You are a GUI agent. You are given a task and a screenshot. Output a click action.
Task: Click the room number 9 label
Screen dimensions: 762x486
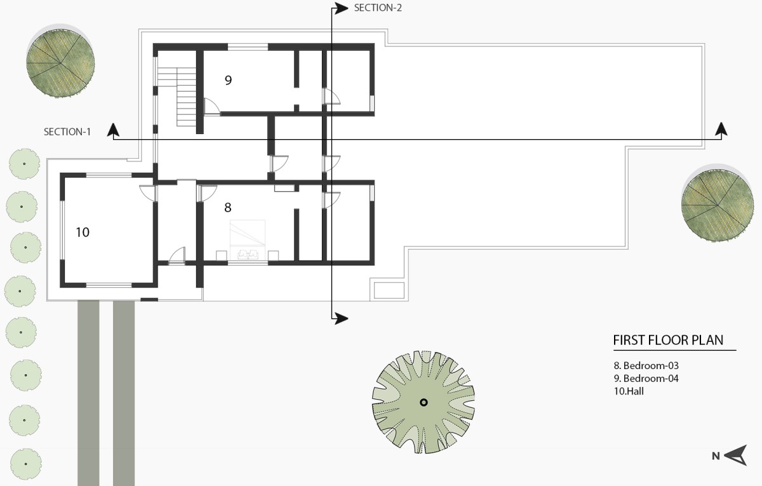click(x=228, y=80)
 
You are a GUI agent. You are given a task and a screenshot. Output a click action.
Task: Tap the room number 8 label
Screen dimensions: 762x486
click(x=228, y=207)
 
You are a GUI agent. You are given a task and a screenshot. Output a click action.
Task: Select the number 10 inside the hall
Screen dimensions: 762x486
click(x=83, y=232)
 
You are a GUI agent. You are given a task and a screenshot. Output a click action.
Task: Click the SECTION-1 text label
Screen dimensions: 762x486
click(x=67, y=132)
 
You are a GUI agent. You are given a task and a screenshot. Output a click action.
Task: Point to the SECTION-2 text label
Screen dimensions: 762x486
click(x=378, y=8)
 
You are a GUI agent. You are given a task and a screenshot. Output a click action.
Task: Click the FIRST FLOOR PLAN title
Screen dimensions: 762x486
click(x=668, y=341)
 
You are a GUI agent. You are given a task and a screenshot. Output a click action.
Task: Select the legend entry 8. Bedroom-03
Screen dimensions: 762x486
click(x=646, y=365)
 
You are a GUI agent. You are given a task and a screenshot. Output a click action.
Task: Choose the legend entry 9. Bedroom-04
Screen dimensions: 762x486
click(x=646, y=379)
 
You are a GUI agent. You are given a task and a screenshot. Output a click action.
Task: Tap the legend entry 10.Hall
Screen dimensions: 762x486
click(x=629, y=391)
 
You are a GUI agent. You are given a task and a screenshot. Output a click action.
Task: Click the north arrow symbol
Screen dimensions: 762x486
click(x=736, y=456)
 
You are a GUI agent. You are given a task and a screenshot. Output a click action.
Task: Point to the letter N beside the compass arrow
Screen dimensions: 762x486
click(x=716, y=456)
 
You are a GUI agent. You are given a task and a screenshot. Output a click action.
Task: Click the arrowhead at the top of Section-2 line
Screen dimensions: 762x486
click(x=341, y=8)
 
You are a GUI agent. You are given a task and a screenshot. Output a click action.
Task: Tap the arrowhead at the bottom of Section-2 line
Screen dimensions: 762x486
click(x=341, y=318)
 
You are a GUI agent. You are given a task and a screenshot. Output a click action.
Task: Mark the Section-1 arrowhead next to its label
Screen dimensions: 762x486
click(x=113, y=130)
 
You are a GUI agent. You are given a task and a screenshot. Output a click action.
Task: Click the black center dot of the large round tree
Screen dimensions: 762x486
click(x=424, y=403)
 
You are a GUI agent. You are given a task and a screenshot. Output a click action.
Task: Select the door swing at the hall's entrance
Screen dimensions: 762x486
click(x=147, y=193)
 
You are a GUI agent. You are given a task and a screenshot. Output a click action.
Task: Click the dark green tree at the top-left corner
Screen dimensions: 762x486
click(x=60, y=63)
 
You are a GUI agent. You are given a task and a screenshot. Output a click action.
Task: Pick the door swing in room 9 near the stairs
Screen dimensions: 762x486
click(x=211, y=105)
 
